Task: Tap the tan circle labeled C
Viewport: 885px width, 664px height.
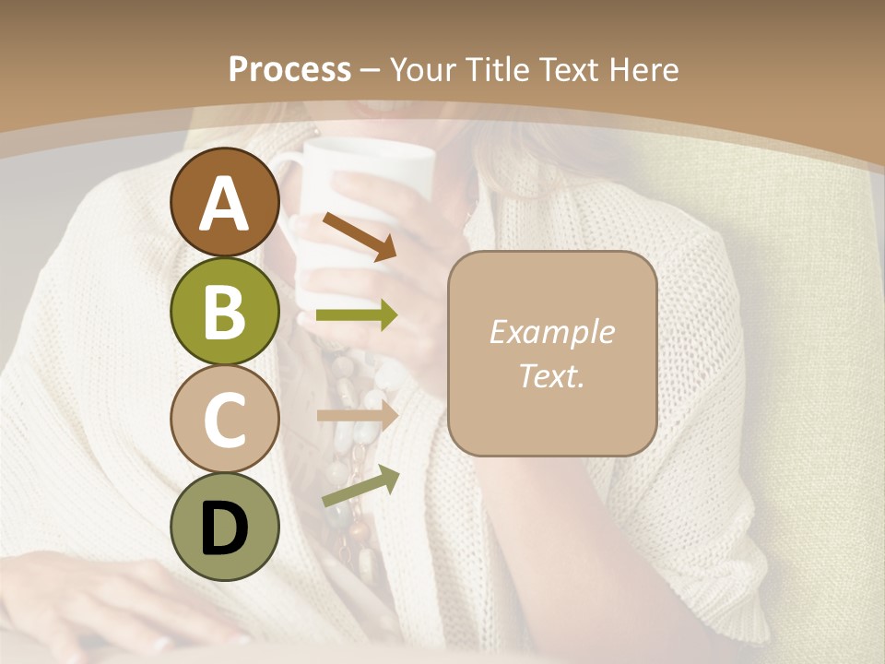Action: click(224, 419)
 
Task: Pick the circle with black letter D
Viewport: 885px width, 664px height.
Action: click(224, 527)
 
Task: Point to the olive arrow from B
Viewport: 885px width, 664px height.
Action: click(357, 315)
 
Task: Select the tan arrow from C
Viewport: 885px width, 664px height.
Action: click(357, 414)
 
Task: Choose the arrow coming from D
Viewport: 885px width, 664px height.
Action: click(360, 486)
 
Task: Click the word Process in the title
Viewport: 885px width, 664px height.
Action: click(289, 69)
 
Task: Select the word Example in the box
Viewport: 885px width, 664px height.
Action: click(552, 332)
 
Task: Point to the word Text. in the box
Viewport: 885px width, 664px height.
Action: click(552, 376)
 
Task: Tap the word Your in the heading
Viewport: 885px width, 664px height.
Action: click(423, 69)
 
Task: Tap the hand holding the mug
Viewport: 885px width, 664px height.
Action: click(387, 277)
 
